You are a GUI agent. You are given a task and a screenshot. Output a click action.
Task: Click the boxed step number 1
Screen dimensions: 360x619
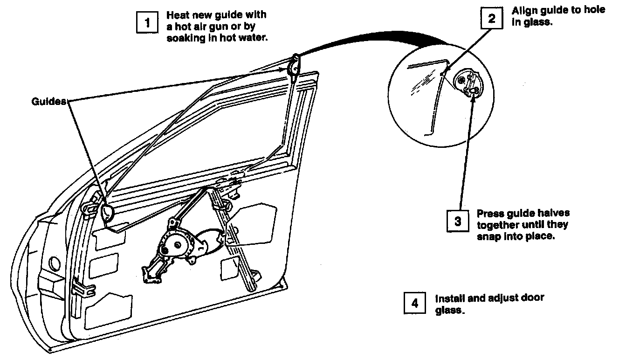[148, 22]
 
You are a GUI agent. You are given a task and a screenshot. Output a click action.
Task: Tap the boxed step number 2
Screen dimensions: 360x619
[492, 19]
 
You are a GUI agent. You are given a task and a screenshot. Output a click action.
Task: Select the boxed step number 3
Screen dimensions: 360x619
[458, 221]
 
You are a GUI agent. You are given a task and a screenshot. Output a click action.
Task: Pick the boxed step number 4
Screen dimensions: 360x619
[414, 303]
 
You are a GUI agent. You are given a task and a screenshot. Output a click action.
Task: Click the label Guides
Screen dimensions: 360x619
[48, 101]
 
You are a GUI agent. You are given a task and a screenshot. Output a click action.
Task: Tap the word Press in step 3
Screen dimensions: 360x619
[488, 214]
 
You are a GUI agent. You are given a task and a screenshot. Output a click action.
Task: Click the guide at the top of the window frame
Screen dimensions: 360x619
[295, 65]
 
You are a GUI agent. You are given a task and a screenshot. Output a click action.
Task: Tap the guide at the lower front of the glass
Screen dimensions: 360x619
[106, 213]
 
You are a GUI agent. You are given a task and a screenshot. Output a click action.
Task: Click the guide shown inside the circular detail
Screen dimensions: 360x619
[468, 83]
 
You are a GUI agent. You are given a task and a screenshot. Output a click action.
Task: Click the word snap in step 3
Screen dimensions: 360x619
[488, 236]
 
